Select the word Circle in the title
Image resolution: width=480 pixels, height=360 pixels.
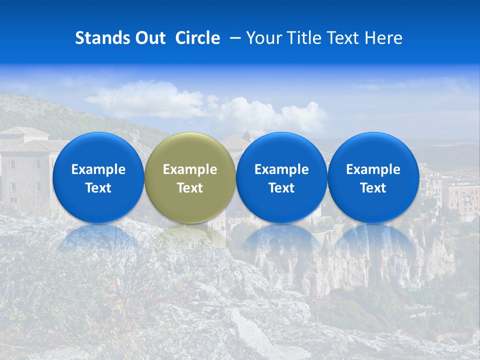[x=197, y=38]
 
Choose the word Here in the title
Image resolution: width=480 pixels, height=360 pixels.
[x=383, y=38]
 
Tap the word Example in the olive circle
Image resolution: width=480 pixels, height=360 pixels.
[x=190, y=169]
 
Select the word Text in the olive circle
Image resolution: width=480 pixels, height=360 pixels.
[x=190, y=188]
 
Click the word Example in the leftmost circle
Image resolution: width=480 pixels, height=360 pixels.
[x=98, y=169]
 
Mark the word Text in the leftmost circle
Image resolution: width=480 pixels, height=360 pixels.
[x=98, y=188]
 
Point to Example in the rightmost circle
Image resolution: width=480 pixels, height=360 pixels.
[x=373, y=169]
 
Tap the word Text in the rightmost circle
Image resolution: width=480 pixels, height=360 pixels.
[x=373, y=188]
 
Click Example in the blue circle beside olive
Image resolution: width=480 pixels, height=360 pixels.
[x=281, y=169]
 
